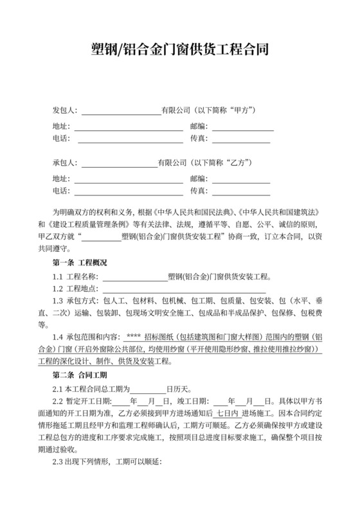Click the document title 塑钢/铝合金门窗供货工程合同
(x=179, y=49)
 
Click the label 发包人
(x=64, y=111)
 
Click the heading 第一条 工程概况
(x=80, y=263)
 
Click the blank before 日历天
(x=148, y=390)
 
